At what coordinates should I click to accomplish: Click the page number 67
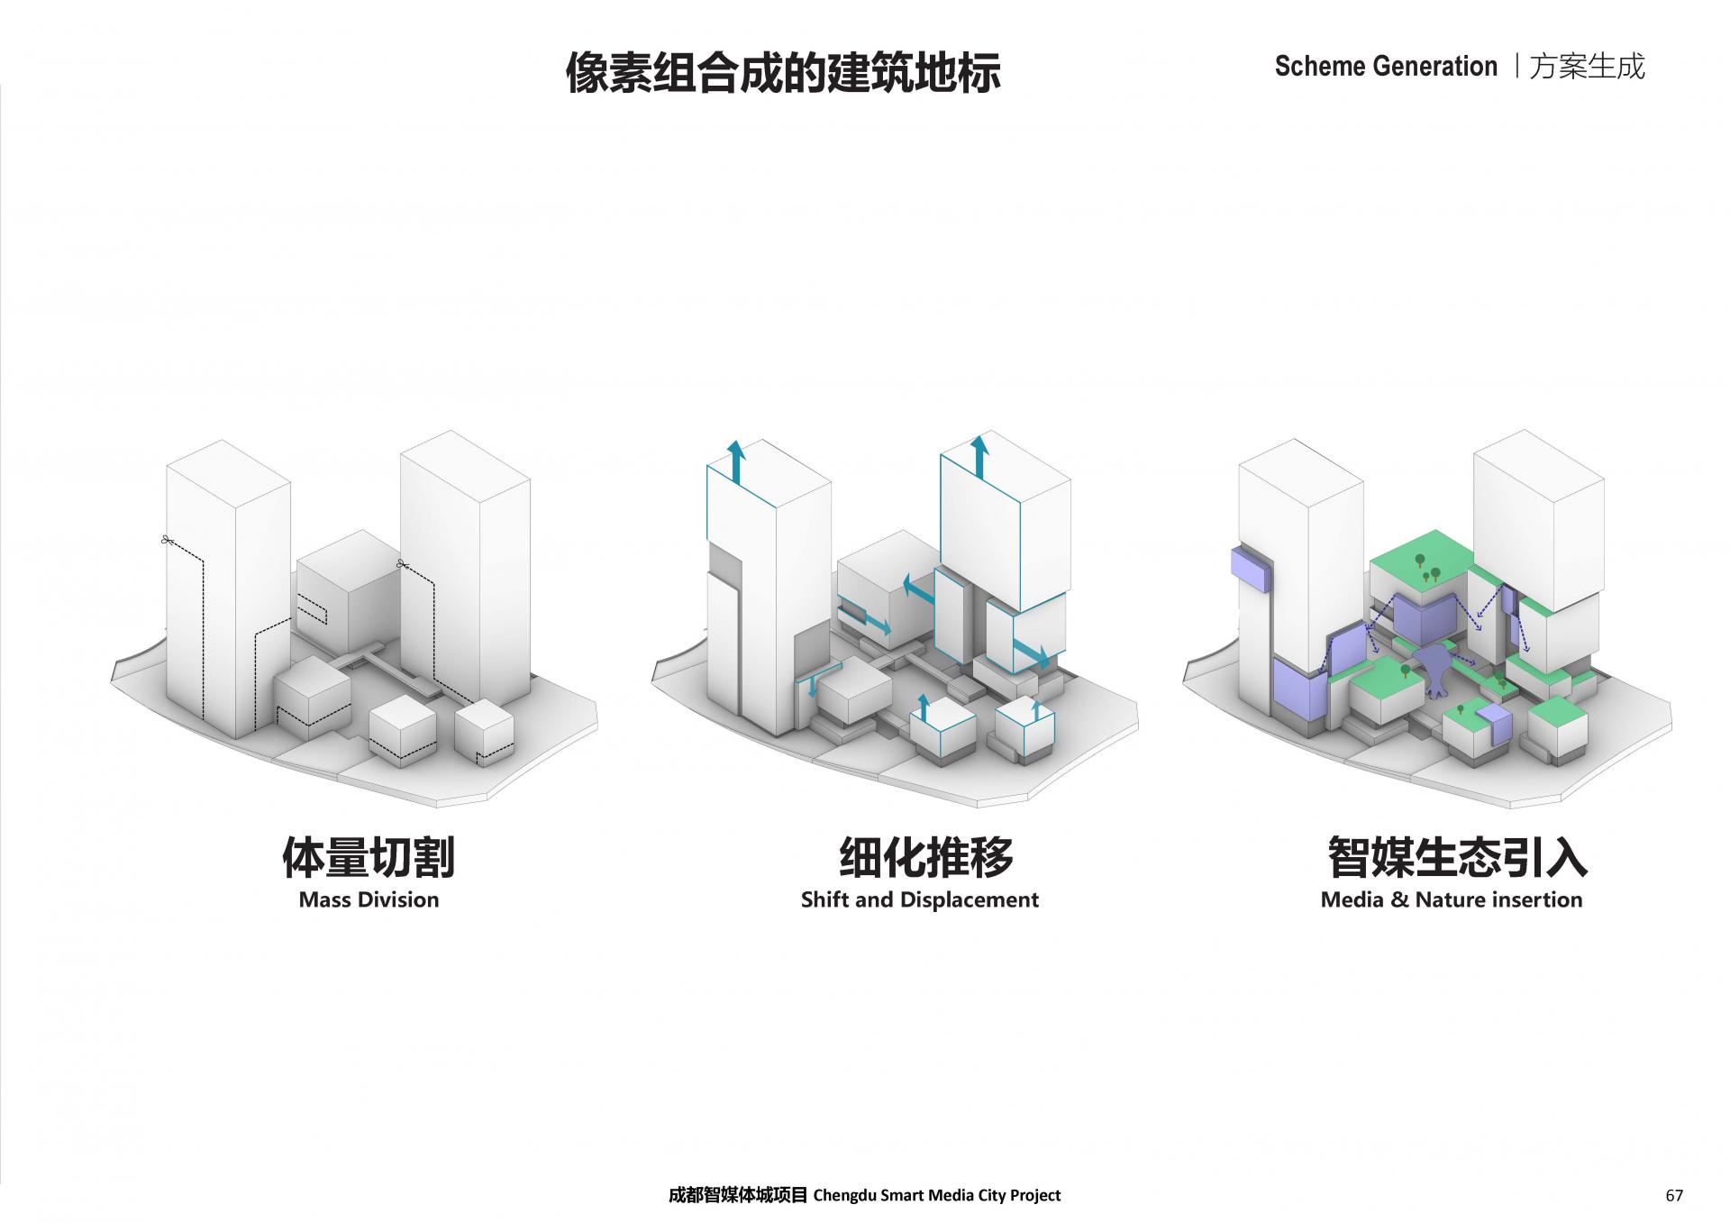pos(1674,1196)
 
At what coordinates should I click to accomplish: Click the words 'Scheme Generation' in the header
pos(1386,67)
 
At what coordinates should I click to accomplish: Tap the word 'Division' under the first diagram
pos(403,899)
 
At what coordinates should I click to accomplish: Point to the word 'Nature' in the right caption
pos(1451,899)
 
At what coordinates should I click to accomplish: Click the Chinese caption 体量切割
pos(369,856)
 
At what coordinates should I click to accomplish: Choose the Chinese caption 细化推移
pos(926,856)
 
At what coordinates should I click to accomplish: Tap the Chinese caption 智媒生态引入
pos(1456,856)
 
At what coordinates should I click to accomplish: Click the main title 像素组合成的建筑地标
pos(783,72)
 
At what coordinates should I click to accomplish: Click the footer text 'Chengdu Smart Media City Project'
pos(937,1196)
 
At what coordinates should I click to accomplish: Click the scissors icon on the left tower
pos(166,540)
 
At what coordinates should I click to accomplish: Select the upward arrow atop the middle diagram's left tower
pos(736,462)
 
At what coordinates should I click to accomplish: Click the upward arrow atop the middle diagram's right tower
pos(979,456)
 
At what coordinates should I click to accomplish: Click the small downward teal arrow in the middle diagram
pos(813,685)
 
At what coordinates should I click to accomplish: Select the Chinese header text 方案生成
pos(1588,67)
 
